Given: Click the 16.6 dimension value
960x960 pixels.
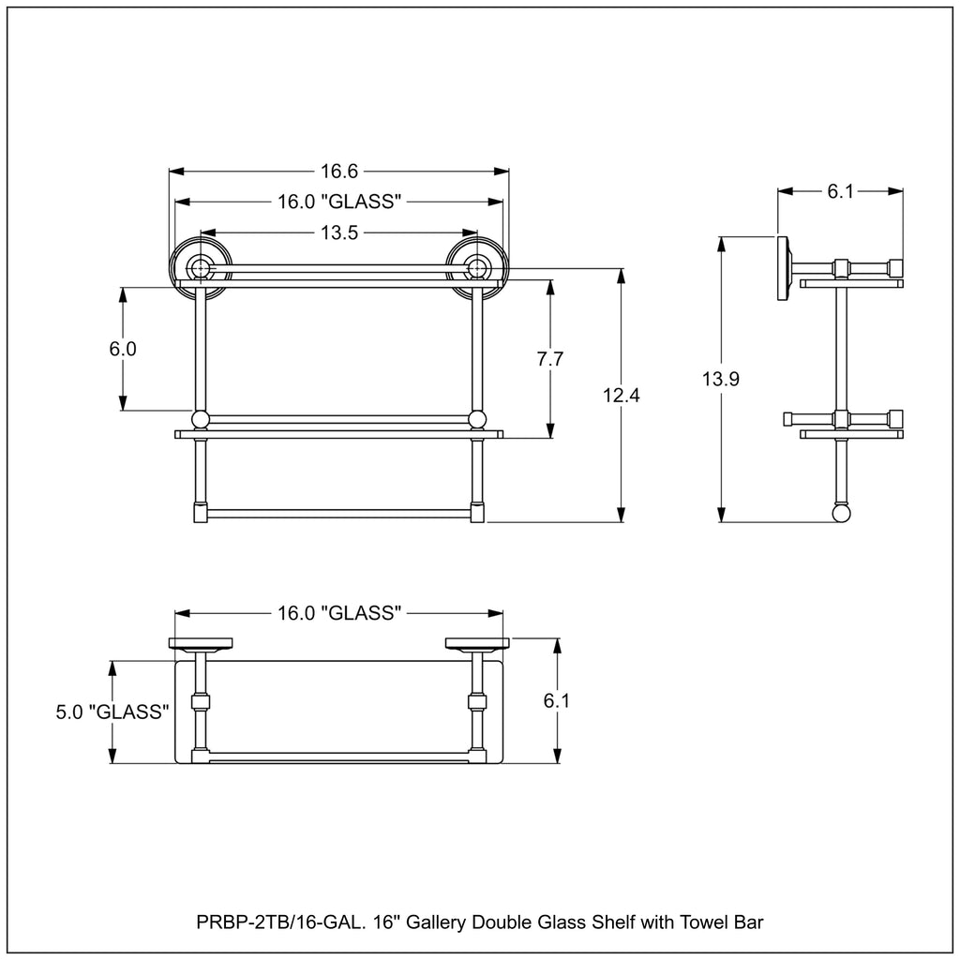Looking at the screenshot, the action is pos(339,172).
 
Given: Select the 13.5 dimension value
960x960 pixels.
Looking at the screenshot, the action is pos(339,232).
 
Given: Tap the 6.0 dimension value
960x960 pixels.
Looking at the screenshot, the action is pos(123,349).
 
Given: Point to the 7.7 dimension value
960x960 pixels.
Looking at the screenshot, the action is pos(549,359).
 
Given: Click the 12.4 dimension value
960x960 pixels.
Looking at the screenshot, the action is pos(622,396).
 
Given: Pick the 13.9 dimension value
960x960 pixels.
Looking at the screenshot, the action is pos(721,379).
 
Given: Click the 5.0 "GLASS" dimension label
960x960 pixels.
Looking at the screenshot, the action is pos(112,712).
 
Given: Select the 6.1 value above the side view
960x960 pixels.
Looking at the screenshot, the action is pos(840,191).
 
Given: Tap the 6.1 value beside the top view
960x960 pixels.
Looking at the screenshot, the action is pos(557,700).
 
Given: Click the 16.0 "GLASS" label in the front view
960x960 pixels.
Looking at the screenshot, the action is pos(339,202).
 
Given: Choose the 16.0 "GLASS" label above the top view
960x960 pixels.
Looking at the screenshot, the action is pos(339,613).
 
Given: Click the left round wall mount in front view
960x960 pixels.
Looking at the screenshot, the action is pos(201,268).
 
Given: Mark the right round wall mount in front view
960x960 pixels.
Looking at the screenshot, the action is pos(477,268).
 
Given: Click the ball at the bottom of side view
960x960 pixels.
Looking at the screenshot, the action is pos(841,513).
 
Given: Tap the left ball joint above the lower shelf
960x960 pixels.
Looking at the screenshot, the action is pos(201,419).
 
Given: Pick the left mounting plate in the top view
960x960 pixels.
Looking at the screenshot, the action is pos(201,643).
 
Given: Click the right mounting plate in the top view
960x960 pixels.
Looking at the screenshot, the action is pos(477,643).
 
